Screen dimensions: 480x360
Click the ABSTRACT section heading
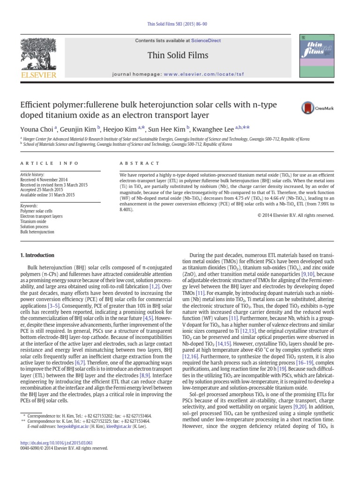pos(134,163)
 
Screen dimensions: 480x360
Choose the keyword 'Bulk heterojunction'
pos(37,232)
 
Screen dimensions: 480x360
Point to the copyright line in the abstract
pos(296,215)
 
